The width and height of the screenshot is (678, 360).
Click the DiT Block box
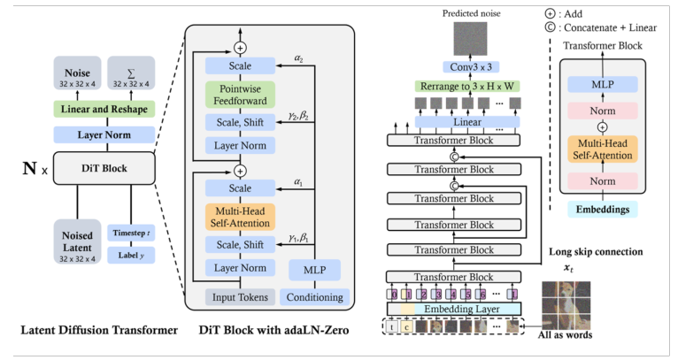coord(104,168)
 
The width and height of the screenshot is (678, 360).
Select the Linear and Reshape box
coord(104,109)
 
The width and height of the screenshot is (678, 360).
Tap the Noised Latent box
coord(77,241)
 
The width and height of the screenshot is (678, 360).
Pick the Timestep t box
coord(131,233)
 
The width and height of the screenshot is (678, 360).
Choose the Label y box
coord(131,256)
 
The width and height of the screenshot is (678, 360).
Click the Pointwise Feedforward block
coord(240,95)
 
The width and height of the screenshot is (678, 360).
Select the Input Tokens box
coord(240,297)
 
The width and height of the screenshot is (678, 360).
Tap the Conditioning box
coord(315,297)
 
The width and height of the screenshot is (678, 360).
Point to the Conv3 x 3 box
coord(471,67)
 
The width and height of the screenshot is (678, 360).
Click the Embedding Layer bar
coord(454,309)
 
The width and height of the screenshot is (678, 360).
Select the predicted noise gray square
coord(470,38)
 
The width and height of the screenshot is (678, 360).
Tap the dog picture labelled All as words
coord(566,305)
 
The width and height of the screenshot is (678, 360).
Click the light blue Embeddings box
coord(603,210)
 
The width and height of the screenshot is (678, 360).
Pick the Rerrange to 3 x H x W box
coord(467,87)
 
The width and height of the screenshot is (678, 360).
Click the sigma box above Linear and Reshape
coord(131,73)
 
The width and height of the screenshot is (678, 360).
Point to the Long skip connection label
coord(596,251)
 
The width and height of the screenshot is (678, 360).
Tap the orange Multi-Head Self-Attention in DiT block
coord(240,217)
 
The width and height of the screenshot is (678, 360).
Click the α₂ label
coord(299,58)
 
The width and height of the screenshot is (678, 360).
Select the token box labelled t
coord(392,326)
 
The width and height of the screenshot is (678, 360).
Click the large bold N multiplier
coord(29,168)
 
